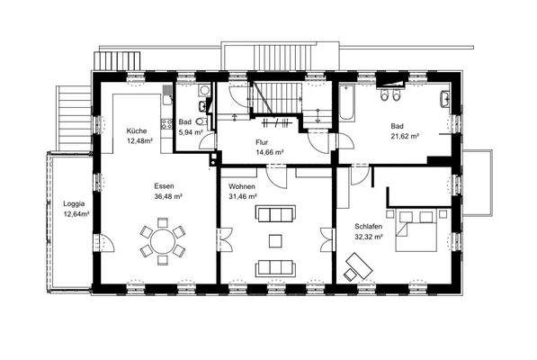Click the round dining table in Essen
coord(163,241)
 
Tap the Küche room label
coord(137,130)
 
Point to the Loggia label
coord(74,204)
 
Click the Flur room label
coord(262,142)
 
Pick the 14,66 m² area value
coord(270,152)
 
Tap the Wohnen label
coord(242,186)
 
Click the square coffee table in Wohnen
coord(275,241)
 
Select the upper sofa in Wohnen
coord(275,213)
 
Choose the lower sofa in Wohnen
coord(275,268)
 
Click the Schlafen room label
coord(369,227)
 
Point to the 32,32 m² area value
coord(369,237)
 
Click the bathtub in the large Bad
coord(346,103)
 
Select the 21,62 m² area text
coord(405,136)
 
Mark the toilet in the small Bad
coord(202,121)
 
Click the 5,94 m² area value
coord(191,132)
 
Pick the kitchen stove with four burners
coord(166,123)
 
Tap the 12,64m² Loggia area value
coord(76,214)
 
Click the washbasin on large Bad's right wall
coord(445,98)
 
